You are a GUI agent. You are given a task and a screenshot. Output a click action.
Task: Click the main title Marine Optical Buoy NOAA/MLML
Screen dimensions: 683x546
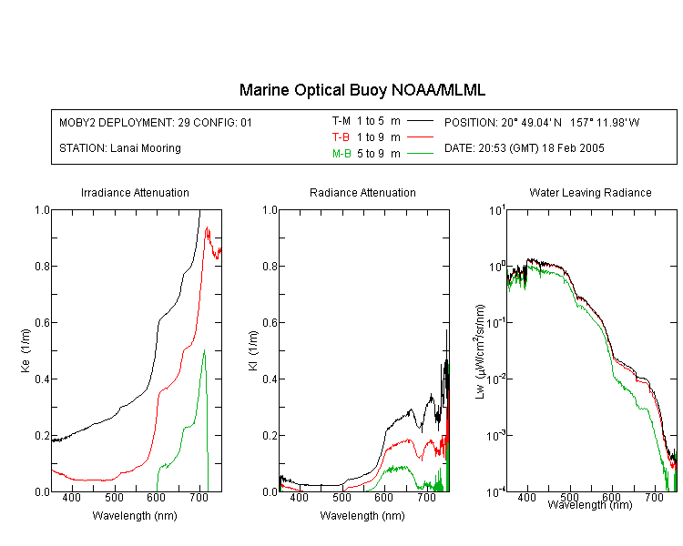(x=362, y=90)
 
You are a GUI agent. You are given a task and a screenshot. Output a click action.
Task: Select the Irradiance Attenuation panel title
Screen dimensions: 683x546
(x=135, y=192)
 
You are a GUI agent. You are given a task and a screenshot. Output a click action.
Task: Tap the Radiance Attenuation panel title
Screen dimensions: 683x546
(x=362, y=192)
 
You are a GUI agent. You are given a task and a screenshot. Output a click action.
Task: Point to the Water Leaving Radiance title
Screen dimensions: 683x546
(x=590, y=192)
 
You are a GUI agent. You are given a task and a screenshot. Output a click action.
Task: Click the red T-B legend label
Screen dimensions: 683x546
(x=341, y=137)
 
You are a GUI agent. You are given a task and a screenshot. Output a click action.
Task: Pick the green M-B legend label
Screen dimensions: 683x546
(x=341, y=154)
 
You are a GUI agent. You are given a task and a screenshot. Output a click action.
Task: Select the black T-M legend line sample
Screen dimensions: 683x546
(x=420, y=121)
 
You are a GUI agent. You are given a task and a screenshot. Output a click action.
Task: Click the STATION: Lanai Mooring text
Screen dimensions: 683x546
(x=120, y=148)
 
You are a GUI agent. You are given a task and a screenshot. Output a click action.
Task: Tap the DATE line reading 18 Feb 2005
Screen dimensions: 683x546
(x=524, y=148)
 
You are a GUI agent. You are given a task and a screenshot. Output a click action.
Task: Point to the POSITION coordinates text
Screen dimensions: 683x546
(x=542, y=122)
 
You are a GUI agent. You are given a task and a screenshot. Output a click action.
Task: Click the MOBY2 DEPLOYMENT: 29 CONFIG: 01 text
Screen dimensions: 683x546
(x=156, y=122)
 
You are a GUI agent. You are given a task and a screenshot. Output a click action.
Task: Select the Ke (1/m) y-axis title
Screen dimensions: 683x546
(x=25, y=350)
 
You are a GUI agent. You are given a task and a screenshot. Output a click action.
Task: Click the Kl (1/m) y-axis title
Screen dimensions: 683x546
(x=253, y=350)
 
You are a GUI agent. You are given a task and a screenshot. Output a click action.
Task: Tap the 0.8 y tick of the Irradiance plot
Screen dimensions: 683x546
(x=42, y=266)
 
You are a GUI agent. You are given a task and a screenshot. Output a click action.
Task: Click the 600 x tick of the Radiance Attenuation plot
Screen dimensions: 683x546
(x=383, y=497)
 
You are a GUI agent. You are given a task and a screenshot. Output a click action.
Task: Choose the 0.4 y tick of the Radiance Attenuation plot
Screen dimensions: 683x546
(x=270, y=379)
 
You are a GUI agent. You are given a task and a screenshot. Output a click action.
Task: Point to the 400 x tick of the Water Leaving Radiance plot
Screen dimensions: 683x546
(x=526, y=497)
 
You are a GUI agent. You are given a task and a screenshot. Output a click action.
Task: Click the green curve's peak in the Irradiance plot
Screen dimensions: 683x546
(x=204, y=349)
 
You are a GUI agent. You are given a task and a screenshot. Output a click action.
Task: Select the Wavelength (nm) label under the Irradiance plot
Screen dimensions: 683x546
(x=135, y=516)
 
